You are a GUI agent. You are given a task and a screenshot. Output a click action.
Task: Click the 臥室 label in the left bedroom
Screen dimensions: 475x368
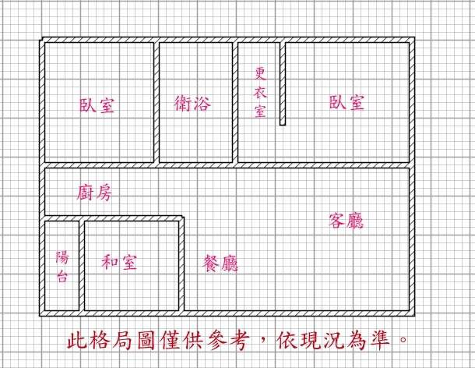pos(97,105)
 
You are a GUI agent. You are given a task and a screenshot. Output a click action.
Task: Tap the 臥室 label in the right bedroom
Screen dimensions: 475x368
pos(347,102)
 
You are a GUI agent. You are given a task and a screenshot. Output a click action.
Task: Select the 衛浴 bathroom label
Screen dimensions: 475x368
pos(192,103)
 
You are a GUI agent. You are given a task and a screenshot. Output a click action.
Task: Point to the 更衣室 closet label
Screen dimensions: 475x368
pos(260,92)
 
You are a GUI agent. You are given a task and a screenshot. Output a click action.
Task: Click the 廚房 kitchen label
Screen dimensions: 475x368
pos(94,193)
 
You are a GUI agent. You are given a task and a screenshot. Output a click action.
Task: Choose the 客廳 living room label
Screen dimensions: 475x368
pos(347,220)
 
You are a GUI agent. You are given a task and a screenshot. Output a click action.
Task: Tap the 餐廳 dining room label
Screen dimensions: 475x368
pos(220,263)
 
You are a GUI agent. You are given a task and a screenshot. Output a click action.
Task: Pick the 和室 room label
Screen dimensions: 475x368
pos(119,262)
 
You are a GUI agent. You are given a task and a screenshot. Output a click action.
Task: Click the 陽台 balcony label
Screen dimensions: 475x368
pos(62,266)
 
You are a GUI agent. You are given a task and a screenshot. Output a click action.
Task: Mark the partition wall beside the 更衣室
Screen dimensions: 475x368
pos(283,83)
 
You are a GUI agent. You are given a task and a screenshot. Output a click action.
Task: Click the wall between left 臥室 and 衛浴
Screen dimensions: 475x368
pos(157,102)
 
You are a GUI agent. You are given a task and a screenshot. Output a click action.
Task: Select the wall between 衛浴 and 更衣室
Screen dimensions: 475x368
pos(235,102)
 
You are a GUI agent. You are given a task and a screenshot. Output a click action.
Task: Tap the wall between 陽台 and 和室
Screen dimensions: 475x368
pos(82,266)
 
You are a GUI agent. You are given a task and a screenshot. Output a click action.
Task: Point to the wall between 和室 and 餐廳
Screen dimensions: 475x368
pos(181,264)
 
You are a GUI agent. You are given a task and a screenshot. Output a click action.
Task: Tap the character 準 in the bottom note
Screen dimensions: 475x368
pos(379,340)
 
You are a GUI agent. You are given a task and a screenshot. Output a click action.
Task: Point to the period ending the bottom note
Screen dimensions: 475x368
pos(403,339)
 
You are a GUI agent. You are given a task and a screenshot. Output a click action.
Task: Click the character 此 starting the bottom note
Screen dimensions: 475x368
pos(77,341)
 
